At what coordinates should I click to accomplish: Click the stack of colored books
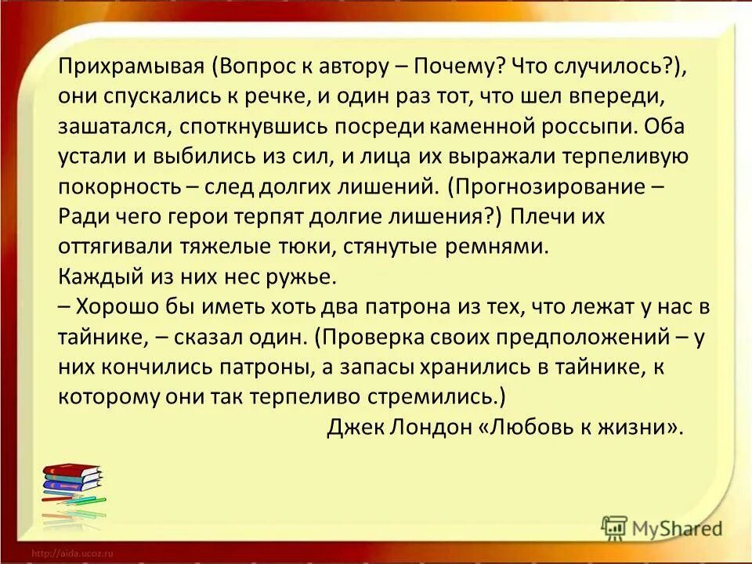[x=71, y=489]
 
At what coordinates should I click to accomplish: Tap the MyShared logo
[x=662, y=528]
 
